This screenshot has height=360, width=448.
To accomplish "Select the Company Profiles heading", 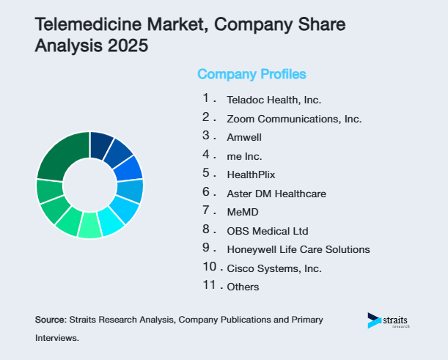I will click(x=251, y=74).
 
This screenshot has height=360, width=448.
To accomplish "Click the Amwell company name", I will click(x=244, y=137).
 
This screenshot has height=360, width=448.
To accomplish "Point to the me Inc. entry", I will click(x=244, y=156).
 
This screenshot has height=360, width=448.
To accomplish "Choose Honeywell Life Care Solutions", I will click(x=298, y=249).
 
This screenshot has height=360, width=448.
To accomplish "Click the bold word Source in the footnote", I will click(x=50, y=320).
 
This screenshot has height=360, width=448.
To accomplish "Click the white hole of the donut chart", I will click(x=89, y=185).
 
